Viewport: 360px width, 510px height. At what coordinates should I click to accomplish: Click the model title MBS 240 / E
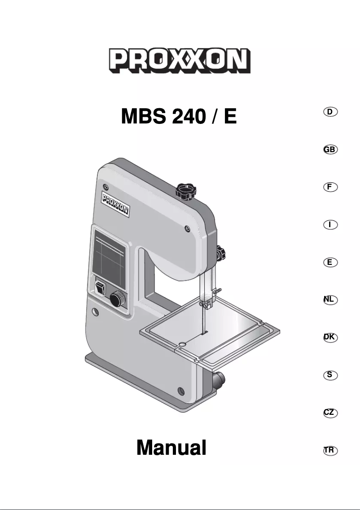pos(179,117)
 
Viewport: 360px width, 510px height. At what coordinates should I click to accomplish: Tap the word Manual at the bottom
pos(171,447)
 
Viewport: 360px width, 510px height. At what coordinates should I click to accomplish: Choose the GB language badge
pos(330,149)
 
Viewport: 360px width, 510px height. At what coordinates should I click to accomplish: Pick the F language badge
pos(330,187)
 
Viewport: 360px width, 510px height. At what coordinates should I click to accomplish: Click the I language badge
pos(330,224)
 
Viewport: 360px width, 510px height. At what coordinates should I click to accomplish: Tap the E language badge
pos(330,262)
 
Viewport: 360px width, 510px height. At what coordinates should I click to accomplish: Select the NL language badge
pos(330,299)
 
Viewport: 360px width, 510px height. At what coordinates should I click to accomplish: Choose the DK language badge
pos(330,337)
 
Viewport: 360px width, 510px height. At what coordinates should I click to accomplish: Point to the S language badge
pos(330,374)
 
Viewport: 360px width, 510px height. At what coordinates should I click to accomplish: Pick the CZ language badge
pos(330,412)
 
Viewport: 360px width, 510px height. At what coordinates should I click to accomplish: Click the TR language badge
pos(330,449)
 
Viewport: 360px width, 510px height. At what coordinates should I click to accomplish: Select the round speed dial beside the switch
pos(118,298)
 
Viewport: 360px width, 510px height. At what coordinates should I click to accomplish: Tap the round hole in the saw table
pos(182,344)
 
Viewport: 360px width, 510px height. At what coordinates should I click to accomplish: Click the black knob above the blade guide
pos(220,254)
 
